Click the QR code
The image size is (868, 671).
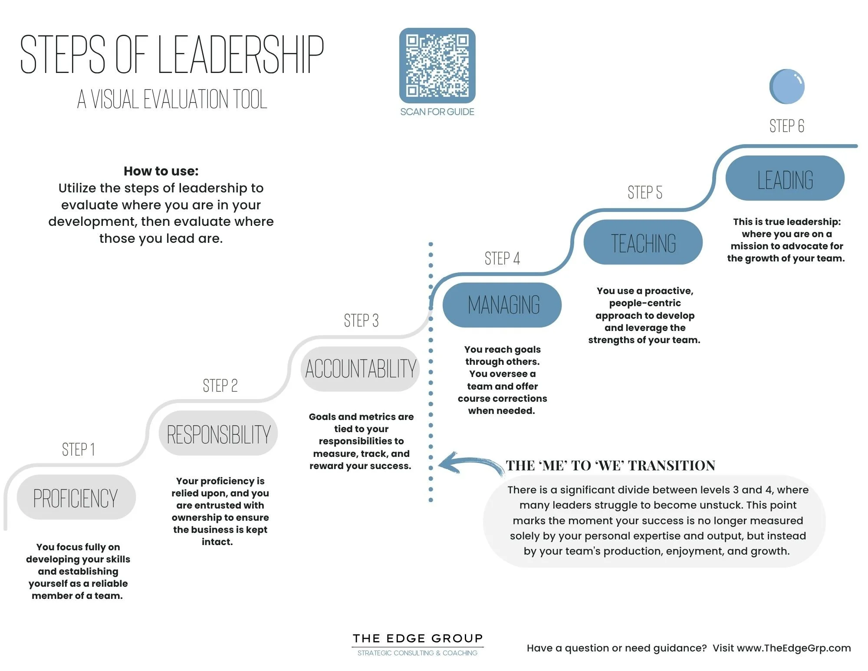(437, 66)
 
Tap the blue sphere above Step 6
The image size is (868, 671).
(787, 86)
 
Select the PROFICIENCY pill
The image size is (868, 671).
(76, 498)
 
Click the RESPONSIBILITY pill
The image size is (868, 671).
(218, 434)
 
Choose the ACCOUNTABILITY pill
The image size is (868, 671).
(360, 369)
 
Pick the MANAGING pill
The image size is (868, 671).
(502, 305)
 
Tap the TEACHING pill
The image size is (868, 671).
(643, 242)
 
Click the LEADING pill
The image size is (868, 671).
(785, 178)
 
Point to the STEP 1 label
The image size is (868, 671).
(78, 450)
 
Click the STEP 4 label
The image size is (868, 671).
(502, 258)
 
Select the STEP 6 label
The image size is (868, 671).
(786, 126)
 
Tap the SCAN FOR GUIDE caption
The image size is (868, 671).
(437, 112)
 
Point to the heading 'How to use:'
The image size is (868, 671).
(161, 171)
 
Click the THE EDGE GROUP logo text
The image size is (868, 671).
(418, 638)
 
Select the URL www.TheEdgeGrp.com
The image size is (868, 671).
(794, 648)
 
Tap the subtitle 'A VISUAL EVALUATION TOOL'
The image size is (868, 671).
(172, 99)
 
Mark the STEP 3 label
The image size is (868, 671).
(361, 321)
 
